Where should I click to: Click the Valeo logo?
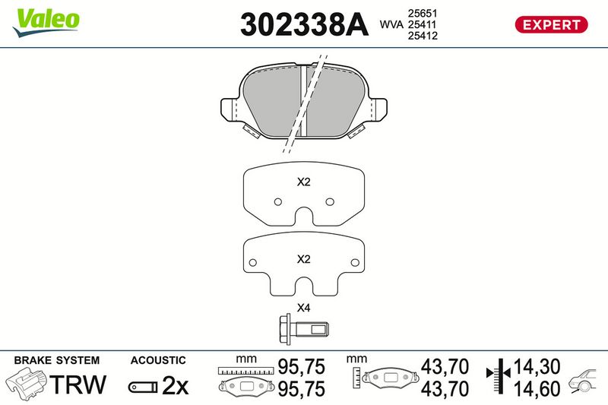(46, 23)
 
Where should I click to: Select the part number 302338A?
(305, 24)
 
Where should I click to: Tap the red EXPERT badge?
(551, 24)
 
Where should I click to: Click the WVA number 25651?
(423, 13)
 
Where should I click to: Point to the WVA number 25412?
(423, 36)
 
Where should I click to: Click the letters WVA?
(391, 24)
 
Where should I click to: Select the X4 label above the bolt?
(303, 308)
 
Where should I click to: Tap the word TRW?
(78, 384)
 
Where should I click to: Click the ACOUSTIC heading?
(158, 360)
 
